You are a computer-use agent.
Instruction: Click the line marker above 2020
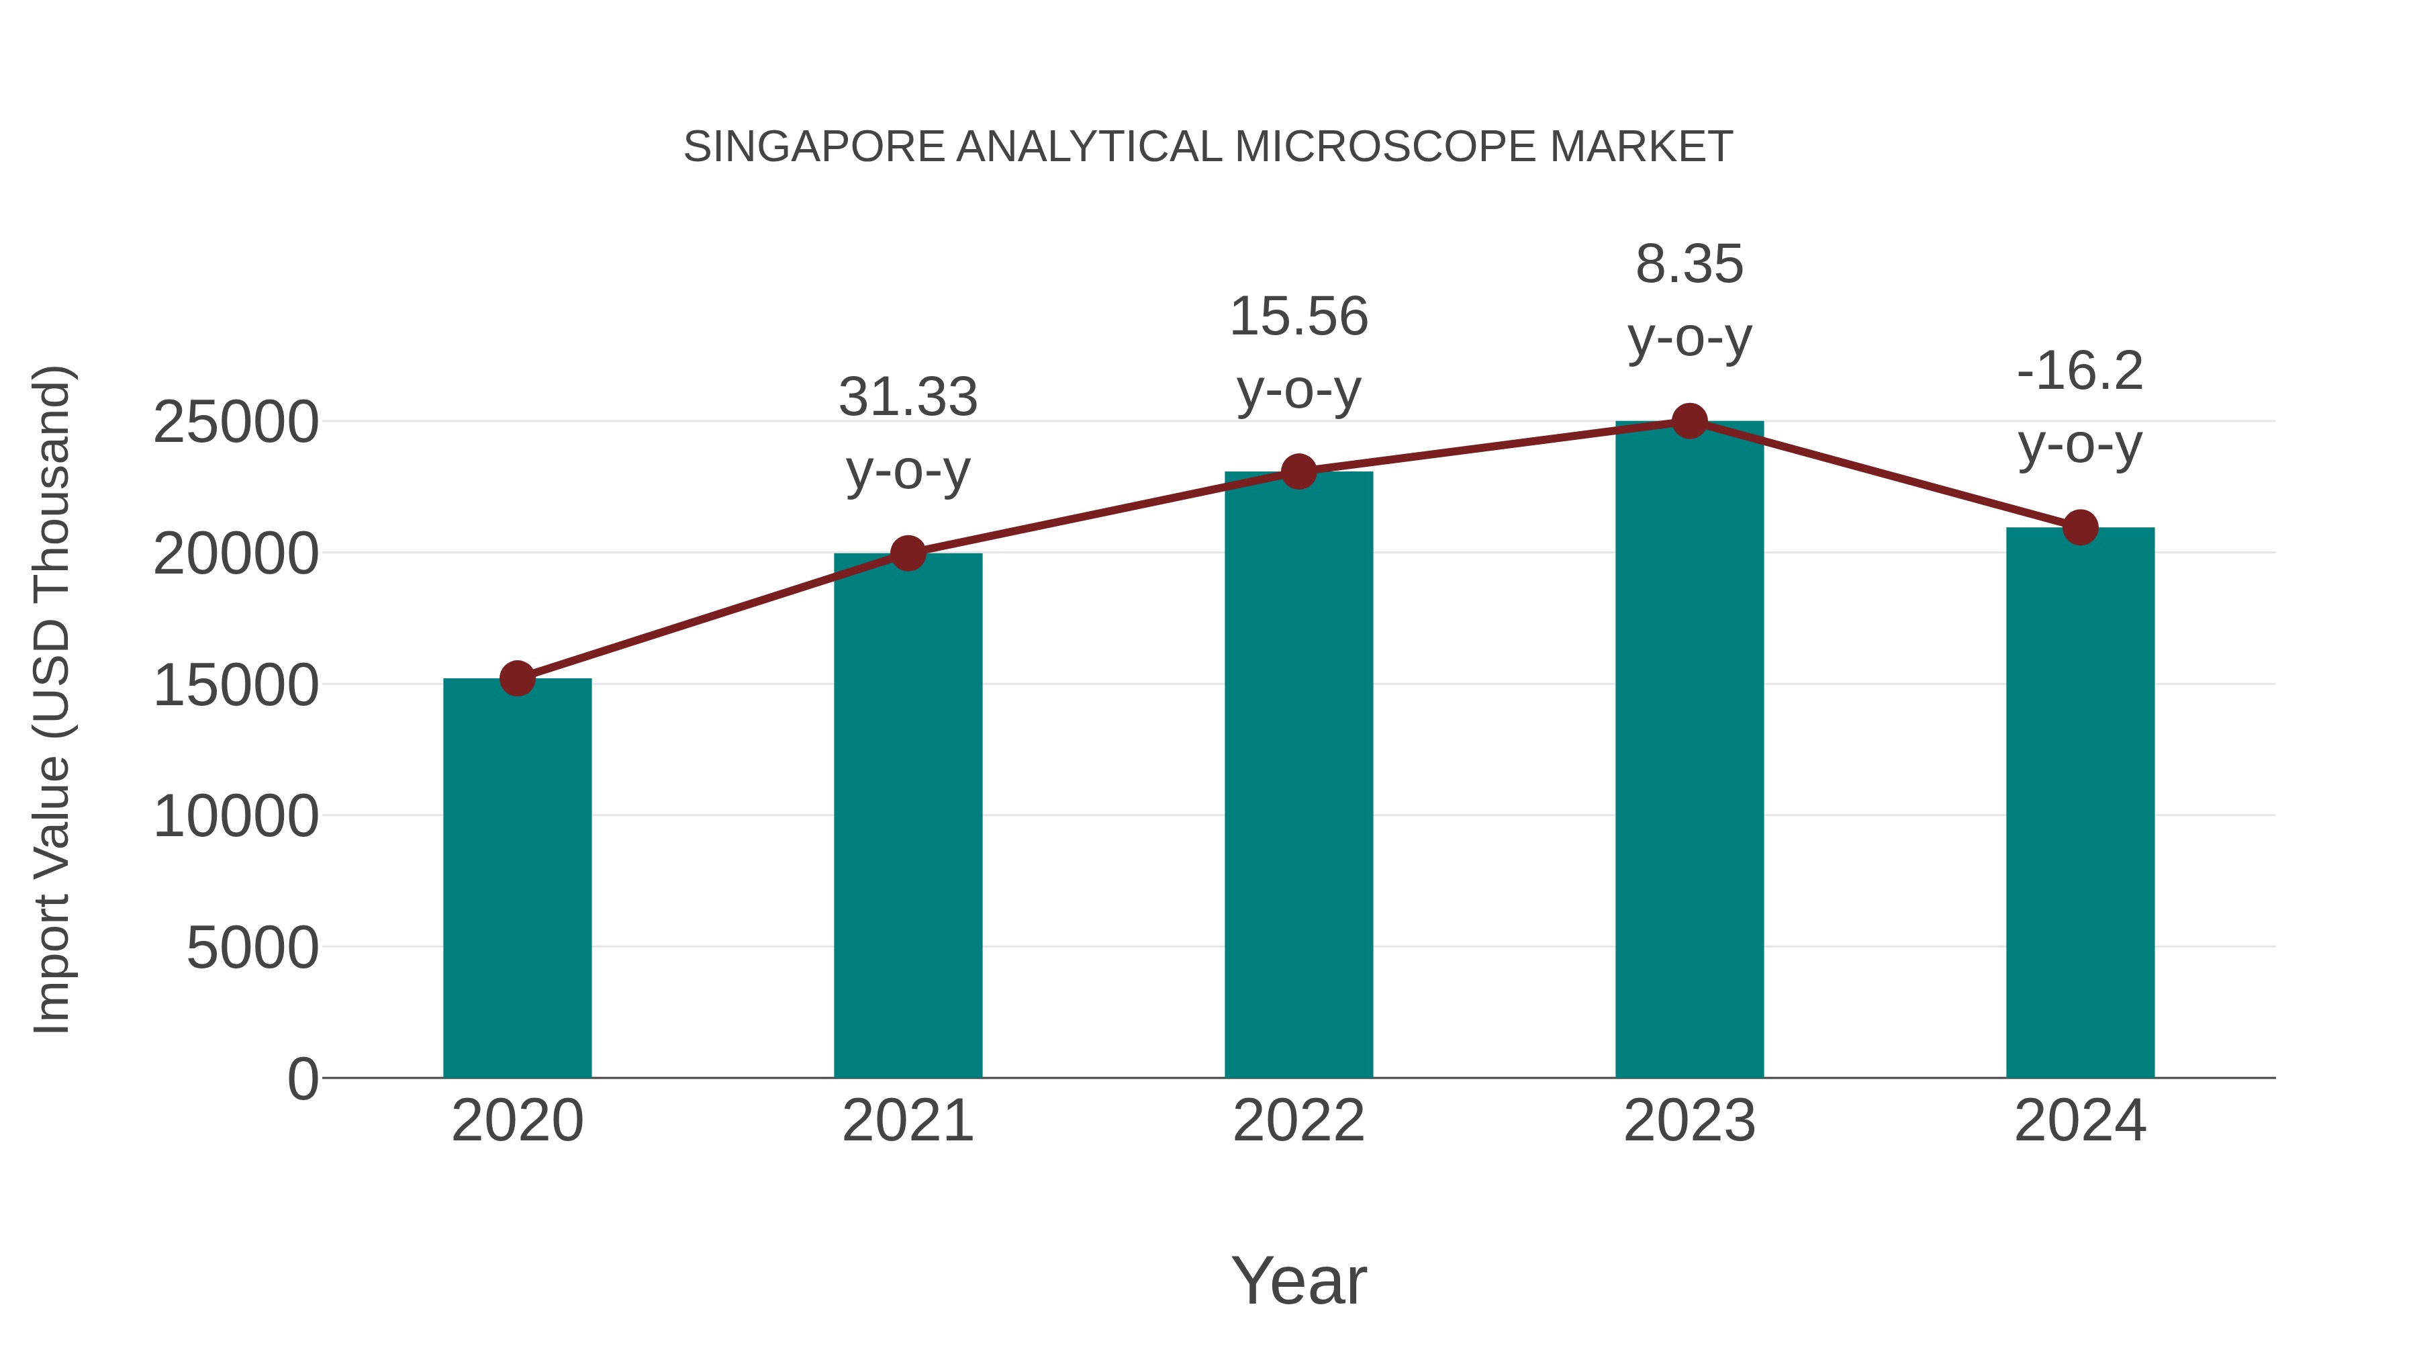[517, 678]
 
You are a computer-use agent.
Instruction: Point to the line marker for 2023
[1689, 421]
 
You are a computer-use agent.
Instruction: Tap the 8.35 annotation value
[1689, 264]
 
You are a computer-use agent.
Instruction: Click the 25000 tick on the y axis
[236, 422]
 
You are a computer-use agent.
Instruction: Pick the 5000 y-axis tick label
[252, 948]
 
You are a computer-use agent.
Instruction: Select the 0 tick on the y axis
[303, 1079]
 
